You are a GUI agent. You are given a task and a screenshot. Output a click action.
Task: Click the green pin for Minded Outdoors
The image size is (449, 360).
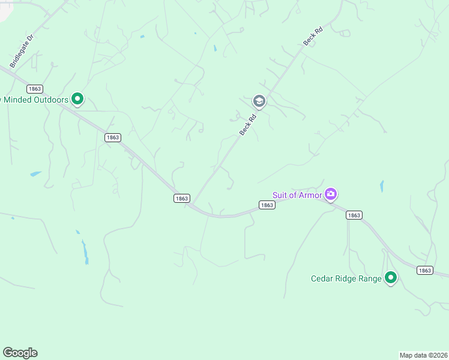pos(77,98)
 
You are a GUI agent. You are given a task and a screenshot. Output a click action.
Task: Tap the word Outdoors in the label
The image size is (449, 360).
pos(47,100)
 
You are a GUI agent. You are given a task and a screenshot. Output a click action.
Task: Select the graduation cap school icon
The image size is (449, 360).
pos(259,100)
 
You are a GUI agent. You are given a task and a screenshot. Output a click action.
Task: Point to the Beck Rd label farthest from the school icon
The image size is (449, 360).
pos(310,38)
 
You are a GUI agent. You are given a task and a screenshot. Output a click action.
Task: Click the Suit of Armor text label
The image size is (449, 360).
pos(297,195)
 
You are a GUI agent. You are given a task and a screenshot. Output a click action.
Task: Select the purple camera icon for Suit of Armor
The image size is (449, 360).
pos(331,194)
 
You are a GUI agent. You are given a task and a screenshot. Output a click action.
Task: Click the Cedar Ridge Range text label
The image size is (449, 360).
pos(346,278)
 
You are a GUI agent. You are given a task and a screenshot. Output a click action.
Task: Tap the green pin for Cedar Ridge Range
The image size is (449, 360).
pos(391,277)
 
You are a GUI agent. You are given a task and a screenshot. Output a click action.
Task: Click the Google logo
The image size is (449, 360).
pos(20,353)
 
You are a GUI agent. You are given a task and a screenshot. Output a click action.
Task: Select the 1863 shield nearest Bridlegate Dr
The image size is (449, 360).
pos(34,89)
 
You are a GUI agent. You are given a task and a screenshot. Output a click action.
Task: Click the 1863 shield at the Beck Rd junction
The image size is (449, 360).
pos(182,198)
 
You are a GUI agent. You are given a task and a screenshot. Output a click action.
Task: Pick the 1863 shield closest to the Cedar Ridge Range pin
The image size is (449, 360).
pos(424,271)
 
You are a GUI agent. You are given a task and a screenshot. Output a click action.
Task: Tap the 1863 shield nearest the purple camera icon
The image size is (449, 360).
pos(354,215)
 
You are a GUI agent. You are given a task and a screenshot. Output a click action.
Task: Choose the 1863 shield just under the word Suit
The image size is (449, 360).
pos(267,205)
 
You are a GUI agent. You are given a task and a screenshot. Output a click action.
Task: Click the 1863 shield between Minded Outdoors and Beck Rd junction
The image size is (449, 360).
pos(112,137)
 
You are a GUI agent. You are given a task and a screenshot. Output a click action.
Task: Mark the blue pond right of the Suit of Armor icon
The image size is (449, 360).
pos(381,186)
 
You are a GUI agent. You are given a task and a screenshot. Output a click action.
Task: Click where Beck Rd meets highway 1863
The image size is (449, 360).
pos(191,205)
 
